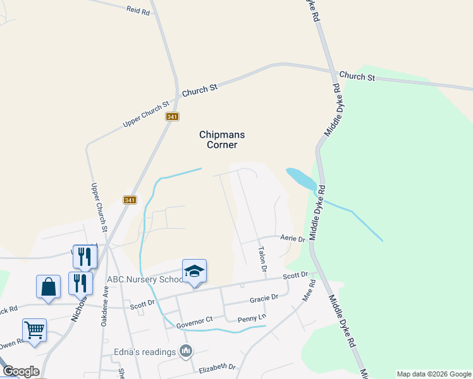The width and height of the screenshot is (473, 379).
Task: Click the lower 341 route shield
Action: coord(130,200)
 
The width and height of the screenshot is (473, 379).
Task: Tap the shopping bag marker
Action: coord(48,286)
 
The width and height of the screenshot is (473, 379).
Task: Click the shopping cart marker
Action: coord(34,329)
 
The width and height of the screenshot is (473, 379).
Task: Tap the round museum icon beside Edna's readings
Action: coord(185,350)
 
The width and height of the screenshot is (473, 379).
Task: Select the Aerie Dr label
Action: coord(293,239)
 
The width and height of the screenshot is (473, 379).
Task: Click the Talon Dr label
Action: coord(262,260)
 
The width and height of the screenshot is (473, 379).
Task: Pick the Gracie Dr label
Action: coord(264,298)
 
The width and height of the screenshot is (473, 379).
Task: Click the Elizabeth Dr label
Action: coord(217,367)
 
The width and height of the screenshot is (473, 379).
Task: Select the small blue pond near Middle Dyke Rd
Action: coord(301,179)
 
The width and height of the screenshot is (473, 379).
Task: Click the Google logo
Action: coord(20,371)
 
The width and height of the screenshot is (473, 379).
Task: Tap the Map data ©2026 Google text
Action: coord(434,374)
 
